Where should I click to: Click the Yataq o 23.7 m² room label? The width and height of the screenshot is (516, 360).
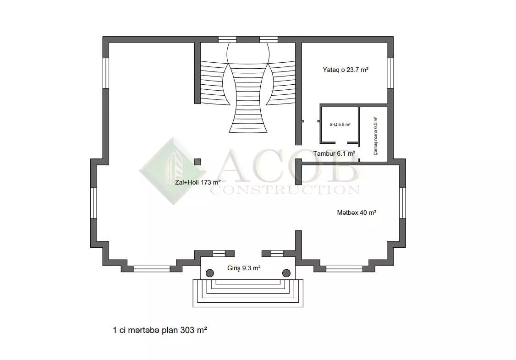(x=345, y=70)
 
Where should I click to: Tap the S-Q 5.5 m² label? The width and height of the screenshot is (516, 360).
(x=340, y=125)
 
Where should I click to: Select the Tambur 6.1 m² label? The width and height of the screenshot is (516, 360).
(x=334, y=153)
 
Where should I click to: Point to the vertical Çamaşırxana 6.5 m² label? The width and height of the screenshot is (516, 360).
(x=376, y=136)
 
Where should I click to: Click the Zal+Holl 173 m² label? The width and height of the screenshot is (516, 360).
(x=198, y=182)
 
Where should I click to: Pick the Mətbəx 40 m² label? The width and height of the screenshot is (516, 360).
(x=357, y=213)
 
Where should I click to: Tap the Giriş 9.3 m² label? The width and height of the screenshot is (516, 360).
(x=244, y=268)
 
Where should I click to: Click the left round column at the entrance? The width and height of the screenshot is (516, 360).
(x=209, y=273)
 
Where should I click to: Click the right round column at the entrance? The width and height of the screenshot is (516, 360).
(x=286, y=273)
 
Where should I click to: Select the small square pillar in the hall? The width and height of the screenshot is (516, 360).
(x=198, y=162)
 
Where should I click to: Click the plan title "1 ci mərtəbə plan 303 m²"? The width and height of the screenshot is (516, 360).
(x=160, y=330)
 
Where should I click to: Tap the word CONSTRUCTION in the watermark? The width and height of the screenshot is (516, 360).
(x=285, y=190)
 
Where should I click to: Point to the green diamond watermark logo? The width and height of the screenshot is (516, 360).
(x=173, y=171)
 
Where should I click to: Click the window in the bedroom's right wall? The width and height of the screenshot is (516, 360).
(x=390, y=73)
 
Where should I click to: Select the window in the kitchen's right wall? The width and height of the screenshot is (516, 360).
(x=402, y=203)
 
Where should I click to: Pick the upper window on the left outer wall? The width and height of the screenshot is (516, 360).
(x=106, y=73)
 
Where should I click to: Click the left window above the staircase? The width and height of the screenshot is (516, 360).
(x=227, y=39)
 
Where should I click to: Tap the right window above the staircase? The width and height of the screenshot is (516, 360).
(x=269, y=39)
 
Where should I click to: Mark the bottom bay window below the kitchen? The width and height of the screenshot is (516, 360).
(x=344, y=269)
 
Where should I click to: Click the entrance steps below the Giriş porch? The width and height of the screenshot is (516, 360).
(x=248, y=293)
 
